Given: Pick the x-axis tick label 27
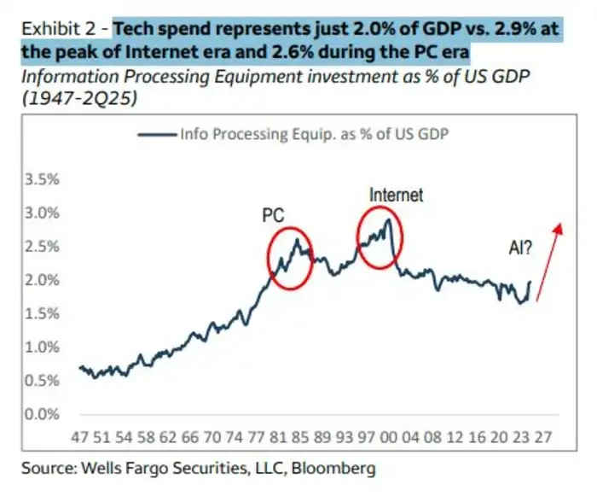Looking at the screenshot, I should [x=542, y=437].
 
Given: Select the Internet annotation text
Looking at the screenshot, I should [x=396, y=195].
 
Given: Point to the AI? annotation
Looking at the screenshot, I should [x=522, y=248].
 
